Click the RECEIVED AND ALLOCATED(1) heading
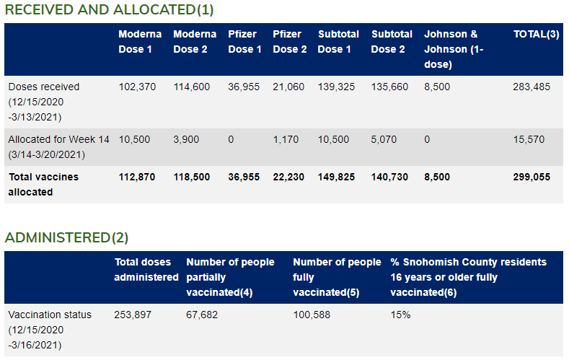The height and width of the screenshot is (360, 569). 109,10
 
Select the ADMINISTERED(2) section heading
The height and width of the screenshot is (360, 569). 66,237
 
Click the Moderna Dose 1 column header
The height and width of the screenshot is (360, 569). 136,41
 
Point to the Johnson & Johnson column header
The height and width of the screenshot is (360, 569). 451,48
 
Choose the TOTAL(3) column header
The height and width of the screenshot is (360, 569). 536,34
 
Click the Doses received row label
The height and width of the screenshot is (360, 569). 44,102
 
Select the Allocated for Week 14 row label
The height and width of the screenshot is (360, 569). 58,146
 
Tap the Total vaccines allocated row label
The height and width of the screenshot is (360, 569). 43,184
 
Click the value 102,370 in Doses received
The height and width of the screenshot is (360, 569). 137,87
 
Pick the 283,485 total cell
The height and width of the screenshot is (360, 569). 531,87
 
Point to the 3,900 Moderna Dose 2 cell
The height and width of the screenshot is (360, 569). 186,139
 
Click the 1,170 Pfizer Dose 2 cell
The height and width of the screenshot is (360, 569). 286,139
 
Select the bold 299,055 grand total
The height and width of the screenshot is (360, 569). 531,177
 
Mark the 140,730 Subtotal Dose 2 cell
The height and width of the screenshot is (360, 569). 389,177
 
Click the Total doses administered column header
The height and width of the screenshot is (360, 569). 146,269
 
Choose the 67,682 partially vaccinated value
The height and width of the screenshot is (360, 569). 202,315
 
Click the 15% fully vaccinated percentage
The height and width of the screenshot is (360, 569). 400,315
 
